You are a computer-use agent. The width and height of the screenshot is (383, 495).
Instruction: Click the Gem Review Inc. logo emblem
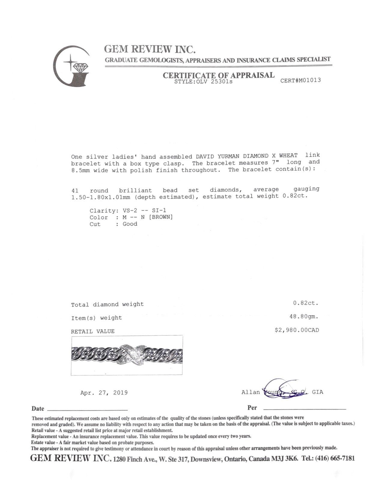[x=71, y=66]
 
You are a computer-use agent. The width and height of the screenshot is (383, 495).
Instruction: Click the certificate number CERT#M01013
[x=300, y=80]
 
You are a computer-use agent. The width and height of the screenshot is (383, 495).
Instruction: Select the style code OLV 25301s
[x=214, y=81]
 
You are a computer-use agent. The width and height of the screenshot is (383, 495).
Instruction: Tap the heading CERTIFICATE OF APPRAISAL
[x=218, y=75]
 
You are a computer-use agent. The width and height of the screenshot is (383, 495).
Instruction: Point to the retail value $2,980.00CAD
[x=297, y=330]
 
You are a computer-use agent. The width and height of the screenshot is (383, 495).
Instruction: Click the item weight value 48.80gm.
[x=304, y=316]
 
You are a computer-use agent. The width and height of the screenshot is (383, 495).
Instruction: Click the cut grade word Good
[x=130, y=224]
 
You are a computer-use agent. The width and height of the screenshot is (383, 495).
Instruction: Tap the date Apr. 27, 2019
[x=104, y=392]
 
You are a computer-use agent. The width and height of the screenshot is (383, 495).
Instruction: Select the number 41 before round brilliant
[x=75, y=190]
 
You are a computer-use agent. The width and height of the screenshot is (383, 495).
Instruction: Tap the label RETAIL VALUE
[x=93, y=331]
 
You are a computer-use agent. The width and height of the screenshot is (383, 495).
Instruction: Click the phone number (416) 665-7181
[x=335, y=458]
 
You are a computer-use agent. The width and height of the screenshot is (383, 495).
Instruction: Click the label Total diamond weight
[x=107, y=304]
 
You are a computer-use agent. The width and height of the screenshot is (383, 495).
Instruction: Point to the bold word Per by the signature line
[x=252, y=407]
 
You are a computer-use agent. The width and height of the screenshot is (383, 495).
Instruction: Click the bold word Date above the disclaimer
[x=38, y=409]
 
